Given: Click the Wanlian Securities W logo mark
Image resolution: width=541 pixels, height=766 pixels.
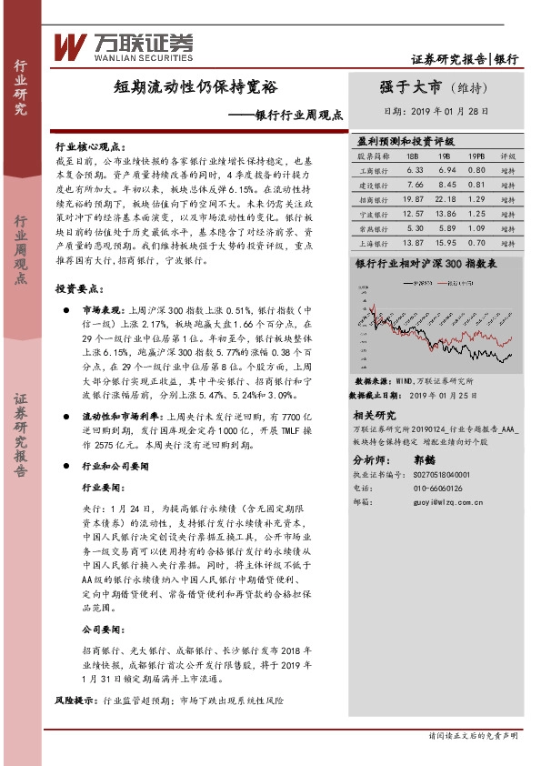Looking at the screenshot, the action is pos(69,45).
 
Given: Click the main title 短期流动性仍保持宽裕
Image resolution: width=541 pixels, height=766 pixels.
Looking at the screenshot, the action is pos(195,88).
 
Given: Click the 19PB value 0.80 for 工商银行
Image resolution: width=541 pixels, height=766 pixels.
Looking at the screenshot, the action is pos(476,170).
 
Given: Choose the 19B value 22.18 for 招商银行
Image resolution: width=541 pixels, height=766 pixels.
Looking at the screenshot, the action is pos(446,199).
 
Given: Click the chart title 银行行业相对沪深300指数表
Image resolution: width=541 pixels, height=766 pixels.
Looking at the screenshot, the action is pos(426,263).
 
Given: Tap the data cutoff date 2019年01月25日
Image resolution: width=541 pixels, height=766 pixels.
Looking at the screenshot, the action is pos(449,397).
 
